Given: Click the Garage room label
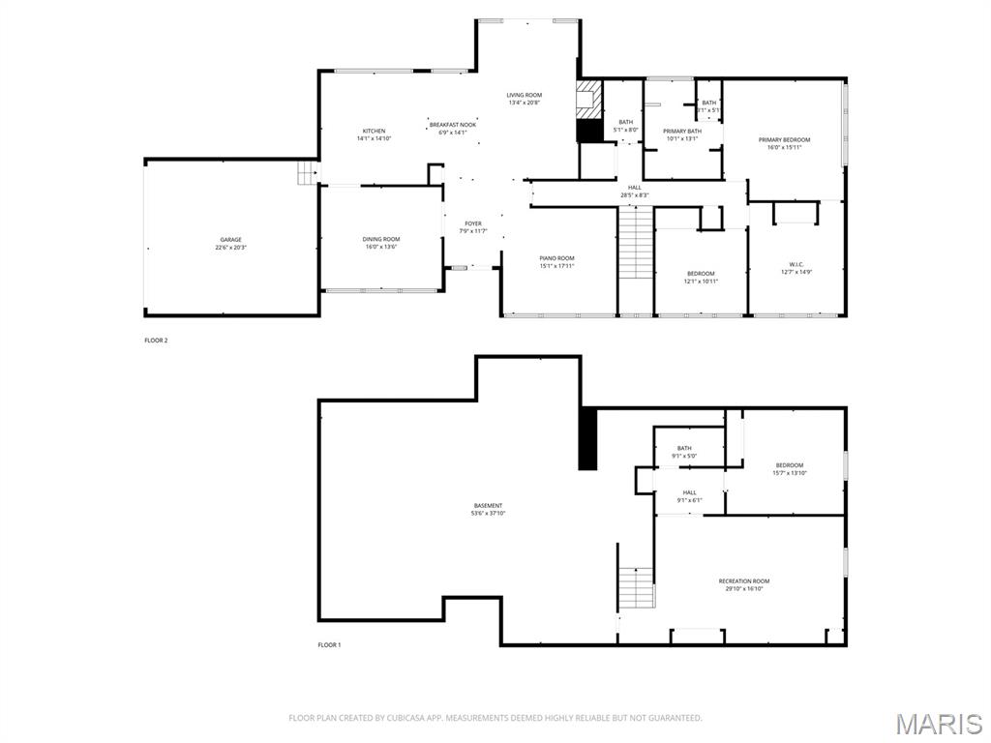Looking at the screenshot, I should (230, 240).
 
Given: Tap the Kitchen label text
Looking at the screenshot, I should (374, 132).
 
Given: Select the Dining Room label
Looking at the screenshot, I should (381, 239).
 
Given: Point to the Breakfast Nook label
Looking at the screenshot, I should (453, 125).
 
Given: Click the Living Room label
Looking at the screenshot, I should (524, 95).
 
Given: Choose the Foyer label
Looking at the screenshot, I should (472, 223).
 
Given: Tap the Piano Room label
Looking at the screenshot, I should (556, 258).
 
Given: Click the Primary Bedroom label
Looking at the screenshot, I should (784, 140).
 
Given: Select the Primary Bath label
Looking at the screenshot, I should (682, 132).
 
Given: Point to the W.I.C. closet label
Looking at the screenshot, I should (796, 264).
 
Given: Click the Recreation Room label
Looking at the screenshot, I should (744, 581).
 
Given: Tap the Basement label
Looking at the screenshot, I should (488, 506).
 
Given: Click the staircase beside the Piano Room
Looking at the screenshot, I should (637, 245).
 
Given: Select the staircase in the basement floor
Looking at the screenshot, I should (636, 586).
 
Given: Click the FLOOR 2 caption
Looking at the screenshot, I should (156, 341).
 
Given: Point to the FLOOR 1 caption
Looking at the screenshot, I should (330, 645).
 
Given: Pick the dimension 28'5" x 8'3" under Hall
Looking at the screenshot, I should (635, 195).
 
